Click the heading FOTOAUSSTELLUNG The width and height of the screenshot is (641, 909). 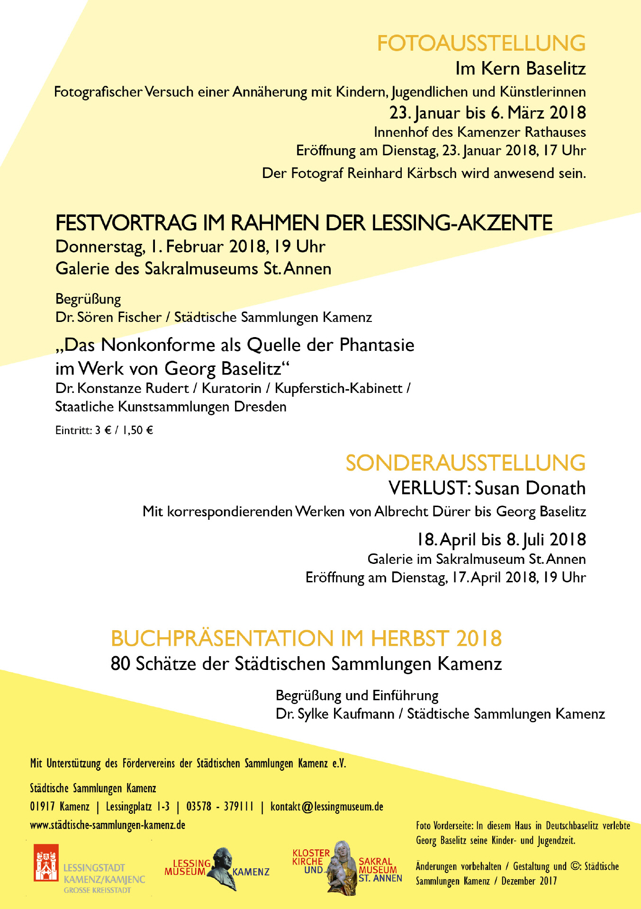coord(481,44)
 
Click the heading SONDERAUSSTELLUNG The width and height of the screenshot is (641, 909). coord(465,463)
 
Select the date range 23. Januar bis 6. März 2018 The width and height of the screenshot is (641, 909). coord(488,113)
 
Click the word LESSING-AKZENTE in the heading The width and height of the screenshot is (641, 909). coord(462,223)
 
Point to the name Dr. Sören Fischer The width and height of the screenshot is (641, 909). coord(108,317)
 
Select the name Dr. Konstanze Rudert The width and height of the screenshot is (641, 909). coord(122,388)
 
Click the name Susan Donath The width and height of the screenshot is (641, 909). coord(530,488)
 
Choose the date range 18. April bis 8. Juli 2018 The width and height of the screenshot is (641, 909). coord(501,540)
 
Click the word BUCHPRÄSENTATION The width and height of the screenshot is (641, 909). coord(223,639)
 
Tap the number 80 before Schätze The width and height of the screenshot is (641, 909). coord(120,664)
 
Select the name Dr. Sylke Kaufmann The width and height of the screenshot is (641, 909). coord(335,714)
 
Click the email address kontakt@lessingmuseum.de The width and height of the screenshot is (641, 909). coord(327,806)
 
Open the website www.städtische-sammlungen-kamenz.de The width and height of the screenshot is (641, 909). coord(108,825)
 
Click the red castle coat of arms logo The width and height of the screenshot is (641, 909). coord(46,863)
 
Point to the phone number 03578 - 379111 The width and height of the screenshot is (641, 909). coord(220,806)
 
